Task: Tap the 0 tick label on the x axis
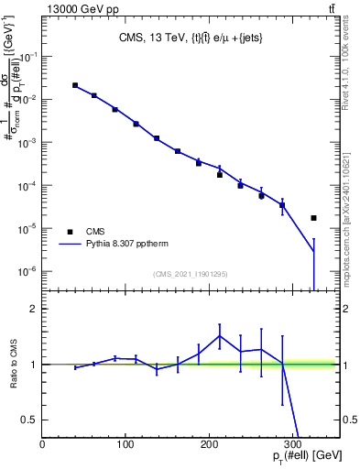click(x=43, y=444)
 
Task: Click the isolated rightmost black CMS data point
click(x=314, y=218)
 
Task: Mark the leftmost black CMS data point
click(x=75, y=85)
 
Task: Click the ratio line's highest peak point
click(x=220, y=335)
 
